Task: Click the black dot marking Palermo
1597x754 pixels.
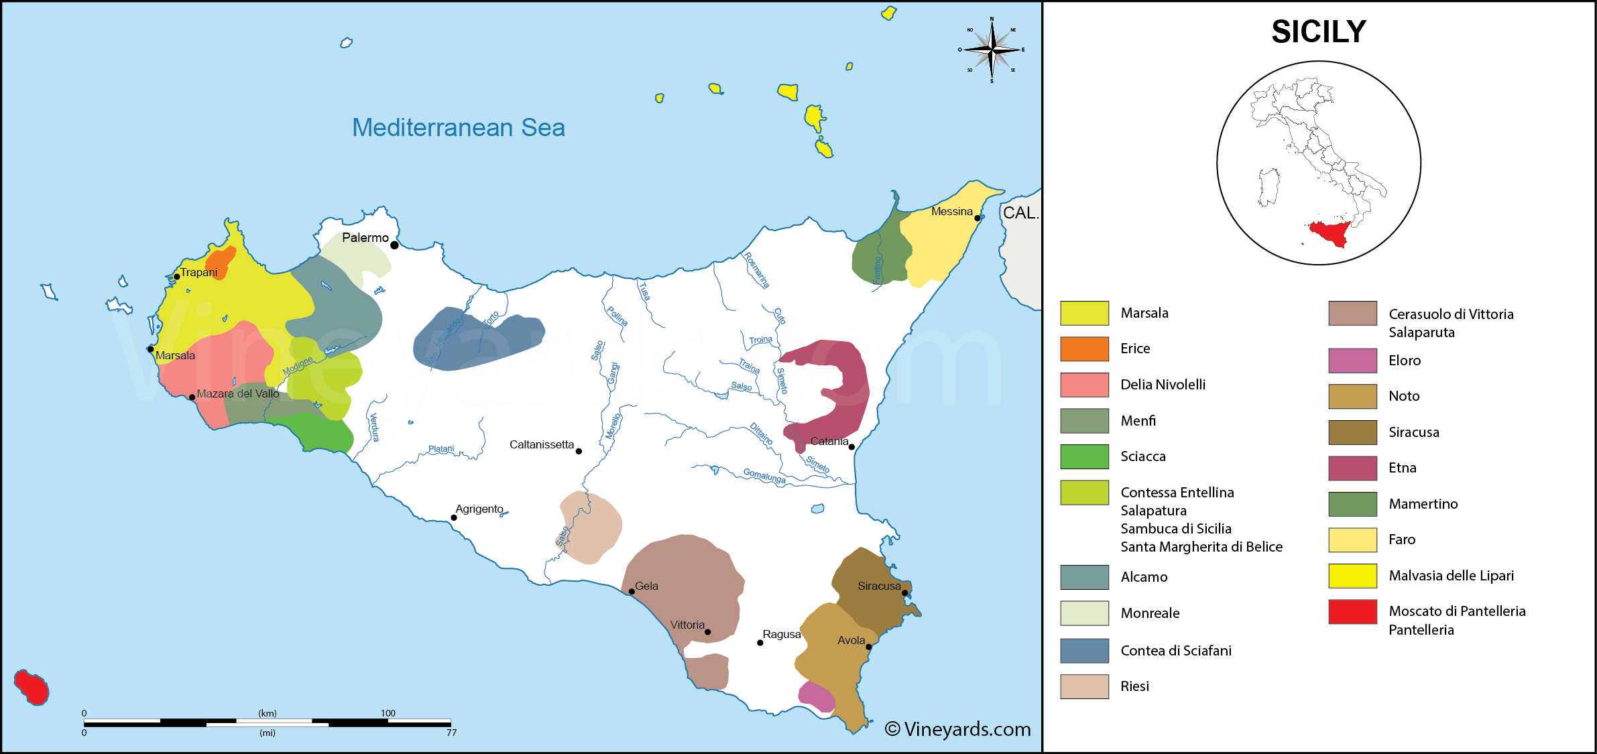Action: tap(394, 245)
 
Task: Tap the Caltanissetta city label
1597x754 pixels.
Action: tap(541, 444)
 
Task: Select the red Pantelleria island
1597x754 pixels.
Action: tap(32, 687)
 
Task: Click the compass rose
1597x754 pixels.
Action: tap(992, 50)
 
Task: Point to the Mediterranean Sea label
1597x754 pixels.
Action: tap(458, 127)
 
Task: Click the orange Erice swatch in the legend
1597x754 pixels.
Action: tap(1084, 349)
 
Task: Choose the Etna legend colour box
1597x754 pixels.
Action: tap(1352, 468)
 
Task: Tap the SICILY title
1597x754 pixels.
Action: tap(1318, 32)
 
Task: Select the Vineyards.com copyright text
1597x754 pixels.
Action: tap(957, 729)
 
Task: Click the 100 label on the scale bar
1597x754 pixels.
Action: tap(388, 713)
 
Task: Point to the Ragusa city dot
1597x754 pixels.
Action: tap(760, 643)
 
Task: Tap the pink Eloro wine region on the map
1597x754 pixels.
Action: tap(816, 696)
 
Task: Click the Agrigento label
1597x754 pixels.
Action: tap(479, 509)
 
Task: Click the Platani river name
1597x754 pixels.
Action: tap(441, 449)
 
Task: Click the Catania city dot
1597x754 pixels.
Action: tap(851, 446)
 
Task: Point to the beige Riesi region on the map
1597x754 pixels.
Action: tap(590, 526)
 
